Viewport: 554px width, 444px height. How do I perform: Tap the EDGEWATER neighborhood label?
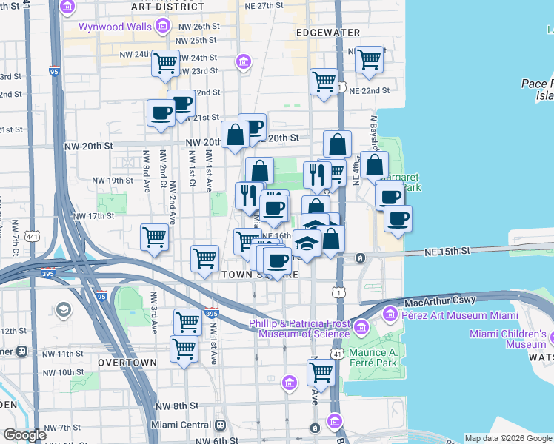[327, 33]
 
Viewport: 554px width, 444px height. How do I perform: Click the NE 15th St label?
[447, 252]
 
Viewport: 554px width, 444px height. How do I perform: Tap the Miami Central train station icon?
[220, 425]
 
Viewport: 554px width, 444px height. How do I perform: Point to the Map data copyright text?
[507, 438]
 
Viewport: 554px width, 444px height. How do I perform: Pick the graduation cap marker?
[307, 241]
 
